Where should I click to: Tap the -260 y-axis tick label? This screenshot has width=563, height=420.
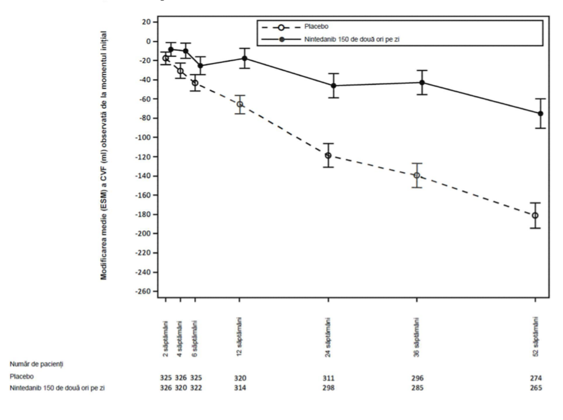pos(143,291)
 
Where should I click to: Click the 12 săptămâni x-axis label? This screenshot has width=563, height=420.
pos(239,336)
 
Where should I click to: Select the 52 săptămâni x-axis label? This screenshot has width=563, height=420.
pos(536,336)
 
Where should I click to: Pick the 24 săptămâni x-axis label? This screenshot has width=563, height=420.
pos(328,337)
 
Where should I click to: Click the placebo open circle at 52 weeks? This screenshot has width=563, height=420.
pos(535,215)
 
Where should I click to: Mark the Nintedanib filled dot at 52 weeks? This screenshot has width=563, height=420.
pos(540,114)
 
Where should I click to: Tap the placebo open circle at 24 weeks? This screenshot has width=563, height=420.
pos(328,156)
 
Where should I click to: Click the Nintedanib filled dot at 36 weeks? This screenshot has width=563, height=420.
pos(422,82)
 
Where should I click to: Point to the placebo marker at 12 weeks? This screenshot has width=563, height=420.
pos(239,104)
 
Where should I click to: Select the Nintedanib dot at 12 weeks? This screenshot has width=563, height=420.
pos(245,58)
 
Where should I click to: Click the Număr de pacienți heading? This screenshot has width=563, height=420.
pos(36,364)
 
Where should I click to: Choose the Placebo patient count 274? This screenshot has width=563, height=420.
pos(536,378)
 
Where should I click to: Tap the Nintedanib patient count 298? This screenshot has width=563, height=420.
pos(328,388)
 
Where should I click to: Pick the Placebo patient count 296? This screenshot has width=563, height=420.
pos(417,378)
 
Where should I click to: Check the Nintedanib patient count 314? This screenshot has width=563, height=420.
pos(240,388)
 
